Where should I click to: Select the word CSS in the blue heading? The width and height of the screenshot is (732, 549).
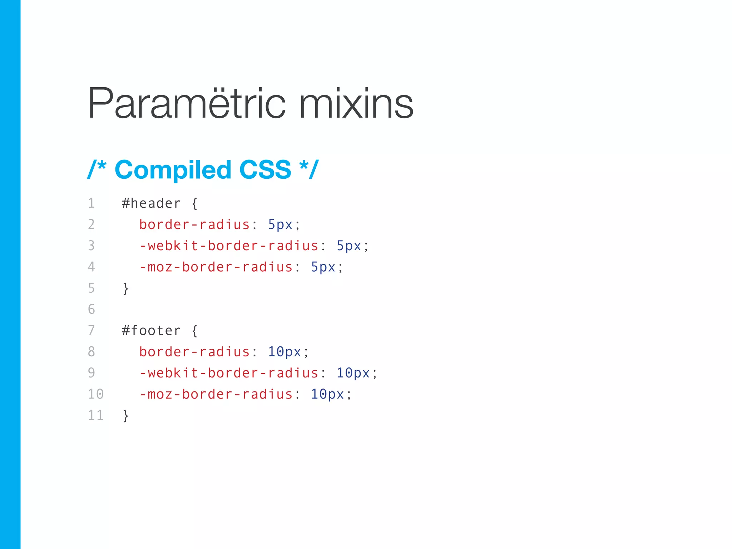(265, 170)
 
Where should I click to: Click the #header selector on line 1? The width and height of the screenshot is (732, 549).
(151, 204)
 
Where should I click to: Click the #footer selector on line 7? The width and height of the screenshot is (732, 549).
(151, 331)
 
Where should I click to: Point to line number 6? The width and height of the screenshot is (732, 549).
(91, 310)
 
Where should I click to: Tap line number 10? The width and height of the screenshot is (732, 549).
(95, 394)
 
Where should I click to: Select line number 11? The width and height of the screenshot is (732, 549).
(95, 415)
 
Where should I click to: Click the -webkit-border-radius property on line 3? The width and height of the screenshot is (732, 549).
(229, 246)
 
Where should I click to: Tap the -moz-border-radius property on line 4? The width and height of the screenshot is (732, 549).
(216, 267)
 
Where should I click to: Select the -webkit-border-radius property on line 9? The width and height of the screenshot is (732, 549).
(229, 373)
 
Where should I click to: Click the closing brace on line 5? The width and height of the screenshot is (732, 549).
(125, 288)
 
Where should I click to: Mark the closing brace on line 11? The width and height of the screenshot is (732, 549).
(125, 416)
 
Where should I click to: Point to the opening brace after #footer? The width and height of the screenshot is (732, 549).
(194, 331)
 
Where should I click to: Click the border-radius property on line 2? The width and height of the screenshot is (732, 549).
(194, 225)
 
